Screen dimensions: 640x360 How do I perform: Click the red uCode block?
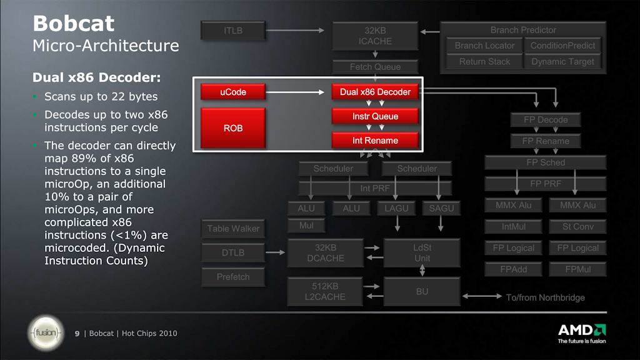[x=233, y=92]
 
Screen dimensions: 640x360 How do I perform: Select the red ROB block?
[x=233, y=127]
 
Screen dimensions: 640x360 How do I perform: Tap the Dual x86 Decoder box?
[x=375, y=92]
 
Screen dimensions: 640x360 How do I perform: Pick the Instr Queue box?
[x=375, y=116]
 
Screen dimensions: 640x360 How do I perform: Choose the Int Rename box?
[x=375, y=141]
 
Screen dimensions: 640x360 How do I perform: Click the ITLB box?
[x=233, y=31]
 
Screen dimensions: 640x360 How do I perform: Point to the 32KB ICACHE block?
[x=375, y=36]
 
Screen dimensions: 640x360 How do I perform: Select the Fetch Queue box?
[x=375, y=66]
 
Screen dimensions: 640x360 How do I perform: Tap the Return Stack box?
[x=484, y=62]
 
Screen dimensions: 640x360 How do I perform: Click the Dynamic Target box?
[x=562, y=62]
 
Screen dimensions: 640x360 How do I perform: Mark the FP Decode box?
[x=546, y=120]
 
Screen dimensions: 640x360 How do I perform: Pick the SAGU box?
[x=441, y=208]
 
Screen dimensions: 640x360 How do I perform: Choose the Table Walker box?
[x=233, y=229]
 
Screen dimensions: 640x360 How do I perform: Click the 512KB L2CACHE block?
[x=325, y=291]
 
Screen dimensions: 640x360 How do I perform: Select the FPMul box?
[x=578, y=269]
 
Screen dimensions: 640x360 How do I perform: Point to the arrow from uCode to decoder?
[x=295, y=92]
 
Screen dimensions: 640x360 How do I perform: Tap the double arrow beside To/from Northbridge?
[x=482, y=296]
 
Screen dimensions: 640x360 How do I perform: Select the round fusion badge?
[x=46, y=333]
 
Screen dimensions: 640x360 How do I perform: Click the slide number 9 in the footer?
[x=77, y=334]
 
